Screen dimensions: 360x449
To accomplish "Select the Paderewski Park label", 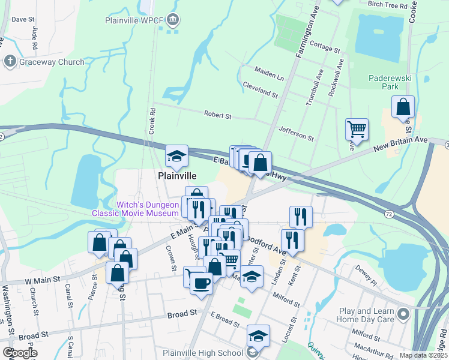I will tap(382, 82).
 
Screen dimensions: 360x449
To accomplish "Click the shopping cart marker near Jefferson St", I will tap(357, 129).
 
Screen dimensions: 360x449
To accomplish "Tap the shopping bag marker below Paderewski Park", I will tap(403, 107).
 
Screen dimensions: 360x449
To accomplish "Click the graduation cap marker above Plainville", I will tap(177, 157).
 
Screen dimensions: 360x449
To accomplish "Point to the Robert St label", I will tap(217, 114).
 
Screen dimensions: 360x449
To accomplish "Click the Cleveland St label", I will tap(260, 90).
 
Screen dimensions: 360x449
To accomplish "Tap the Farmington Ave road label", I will tap(306, 41).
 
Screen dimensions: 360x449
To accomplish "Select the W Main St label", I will tap(42, 280).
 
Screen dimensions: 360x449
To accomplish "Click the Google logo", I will tap(20, 353).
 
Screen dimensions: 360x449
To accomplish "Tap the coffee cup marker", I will tap(201, 281).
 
